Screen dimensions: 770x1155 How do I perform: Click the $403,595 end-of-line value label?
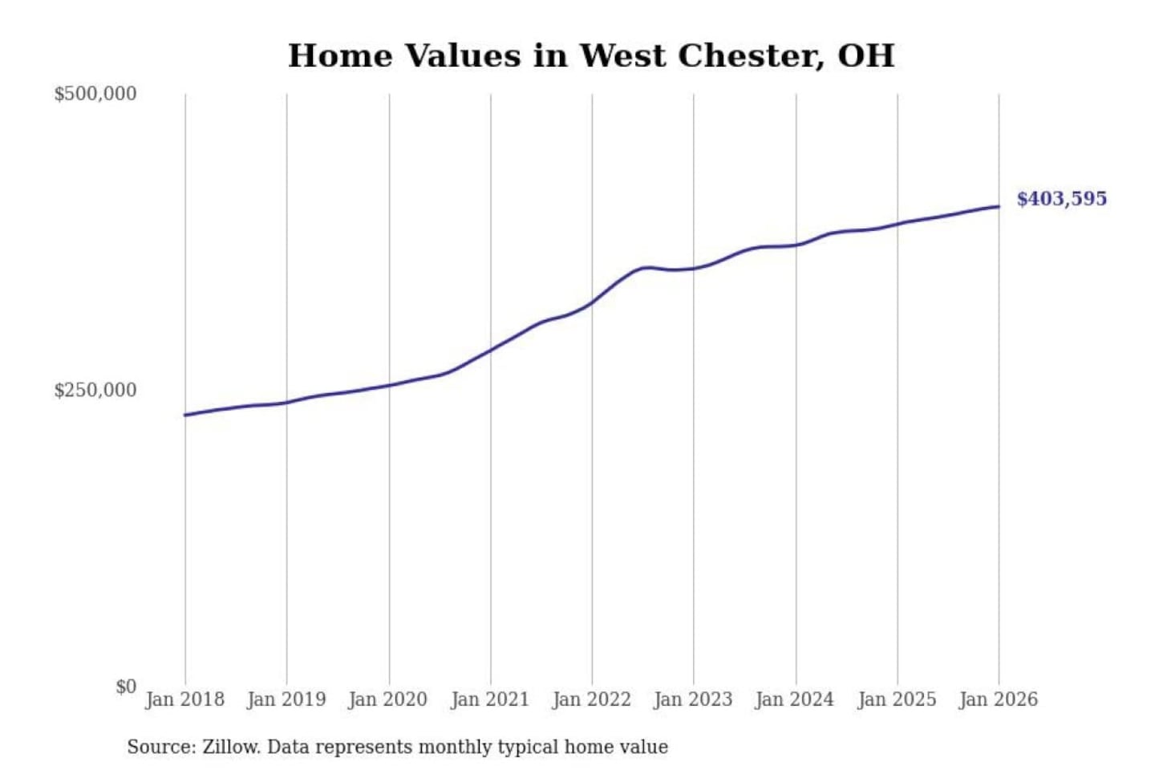point(1061,199)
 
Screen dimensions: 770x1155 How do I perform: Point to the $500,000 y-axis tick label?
point(95,94)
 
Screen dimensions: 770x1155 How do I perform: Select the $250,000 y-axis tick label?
point(95,390)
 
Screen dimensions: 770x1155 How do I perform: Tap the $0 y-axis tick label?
point(126,687)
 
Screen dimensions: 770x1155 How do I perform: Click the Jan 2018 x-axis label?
point(185,699)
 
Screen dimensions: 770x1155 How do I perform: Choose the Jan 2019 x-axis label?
point(286,699)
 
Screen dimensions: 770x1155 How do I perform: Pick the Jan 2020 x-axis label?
point(388,699)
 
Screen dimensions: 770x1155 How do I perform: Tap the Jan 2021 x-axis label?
point(490,699)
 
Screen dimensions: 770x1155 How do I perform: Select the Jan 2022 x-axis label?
point(592,699)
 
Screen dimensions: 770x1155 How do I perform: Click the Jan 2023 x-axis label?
point(693,699)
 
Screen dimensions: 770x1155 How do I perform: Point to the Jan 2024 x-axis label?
point(795,699)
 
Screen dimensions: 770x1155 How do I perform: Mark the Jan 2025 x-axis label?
point(897,699)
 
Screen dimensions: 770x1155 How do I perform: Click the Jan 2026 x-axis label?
point(999,699)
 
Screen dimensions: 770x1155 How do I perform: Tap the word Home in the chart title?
point(341,56)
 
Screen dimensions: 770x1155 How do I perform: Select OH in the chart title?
point(866,56)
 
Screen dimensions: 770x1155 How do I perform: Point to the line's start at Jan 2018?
point(185,415)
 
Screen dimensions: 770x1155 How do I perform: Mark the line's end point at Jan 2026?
point(999,206)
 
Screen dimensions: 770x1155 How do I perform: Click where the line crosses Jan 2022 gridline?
point(593,302)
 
